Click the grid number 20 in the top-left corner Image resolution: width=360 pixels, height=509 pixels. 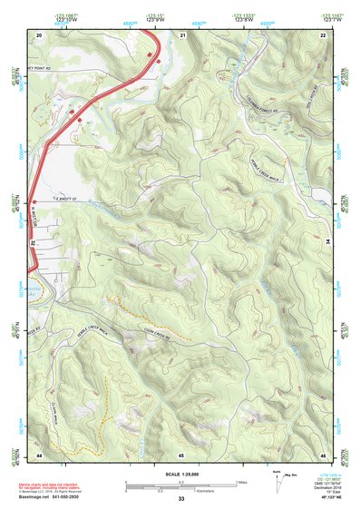(39, 34)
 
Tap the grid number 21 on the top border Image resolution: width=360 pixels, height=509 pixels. (182, 34)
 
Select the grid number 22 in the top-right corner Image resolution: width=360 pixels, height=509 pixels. (323, 34)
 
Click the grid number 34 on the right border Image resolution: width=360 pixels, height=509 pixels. (328, 243)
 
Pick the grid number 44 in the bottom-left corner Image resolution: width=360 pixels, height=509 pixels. (39, 453)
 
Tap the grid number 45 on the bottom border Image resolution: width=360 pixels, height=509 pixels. (181, 453)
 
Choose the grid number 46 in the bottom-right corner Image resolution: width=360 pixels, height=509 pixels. (323, 453)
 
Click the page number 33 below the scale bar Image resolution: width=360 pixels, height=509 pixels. (181, 498)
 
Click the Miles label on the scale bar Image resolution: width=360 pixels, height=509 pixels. (241, 480)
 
